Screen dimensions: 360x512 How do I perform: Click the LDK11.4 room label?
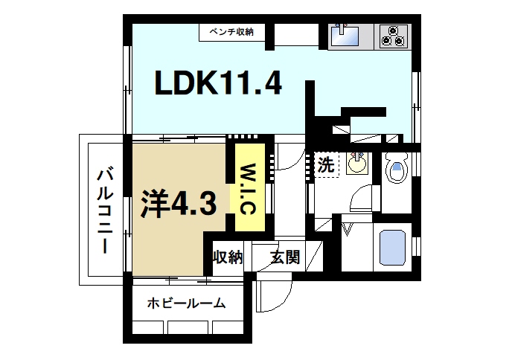[x=218, y=83]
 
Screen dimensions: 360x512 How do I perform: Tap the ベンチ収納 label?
[x=231, y=32]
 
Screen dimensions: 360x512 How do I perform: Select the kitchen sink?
[x=344, y=36]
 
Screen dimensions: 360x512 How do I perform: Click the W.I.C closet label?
[x=248, y=187]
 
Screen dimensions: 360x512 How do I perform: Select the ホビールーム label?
[x=186, y=303]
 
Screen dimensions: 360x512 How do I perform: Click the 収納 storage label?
[x=228, y=258]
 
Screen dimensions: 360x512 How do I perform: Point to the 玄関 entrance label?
[x=285, y=258]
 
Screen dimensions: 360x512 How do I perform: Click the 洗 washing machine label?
[x=325, y=164]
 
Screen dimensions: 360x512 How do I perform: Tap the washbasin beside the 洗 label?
[x=356, y=164]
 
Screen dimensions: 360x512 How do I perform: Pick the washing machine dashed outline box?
[x=326, y=165]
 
